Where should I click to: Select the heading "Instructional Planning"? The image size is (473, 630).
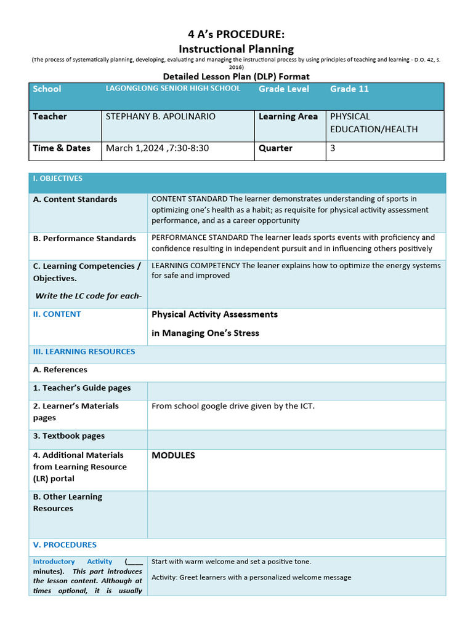pos(236,49)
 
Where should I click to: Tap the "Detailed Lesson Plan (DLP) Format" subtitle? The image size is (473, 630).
pos(236,76)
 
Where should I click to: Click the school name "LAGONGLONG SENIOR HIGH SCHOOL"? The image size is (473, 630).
pos(173,89)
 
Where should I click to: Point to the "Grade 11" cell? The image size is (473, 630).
pos(349,89)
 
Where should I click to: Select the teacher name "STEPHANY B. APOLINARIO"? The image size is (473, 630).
pos(161,116)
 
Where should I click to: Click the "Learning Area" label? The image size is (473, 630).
pos(288,116)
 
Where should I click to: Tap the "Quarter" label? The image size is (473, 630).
pos(275,148)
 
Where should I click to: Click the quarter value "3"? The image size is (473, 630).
pos(333,148)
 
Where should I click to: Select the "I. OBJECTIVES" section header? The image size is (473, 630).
pos(57,178)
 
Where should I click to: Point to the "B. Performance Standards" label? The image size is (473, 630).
pos(84,238)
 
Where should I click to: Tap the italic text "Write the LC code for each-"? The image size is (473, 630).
pos(88,295)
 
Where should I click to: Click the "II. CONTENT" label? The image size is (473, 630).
pos(57,314)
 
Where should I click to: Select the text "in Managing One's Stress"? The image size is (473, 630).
pos(205,333)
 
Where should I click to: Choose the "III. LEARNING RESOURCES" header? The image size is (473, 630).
pos(84,351)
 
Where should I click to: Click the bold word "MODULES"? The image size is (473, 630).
pos(173,455)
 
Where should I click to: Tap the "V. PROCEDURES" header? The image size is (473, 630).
pos(65,544)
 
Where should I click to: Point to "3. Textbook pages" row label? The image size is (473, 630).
pos(69,436)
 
